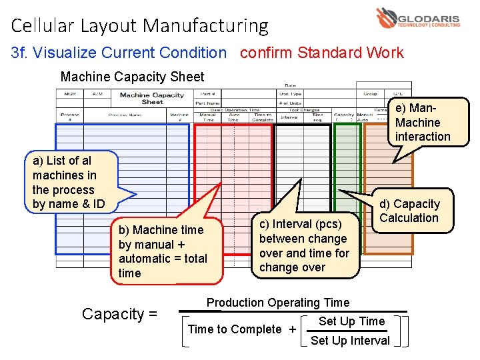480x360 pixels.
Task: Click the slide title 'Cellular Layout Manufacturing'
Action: (x=140, y=26)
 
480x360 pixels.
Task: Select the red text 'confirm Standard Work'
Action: (x=321, y=53)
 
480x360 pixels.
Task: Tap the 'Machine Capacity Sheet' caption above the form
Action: (x=132, y=77)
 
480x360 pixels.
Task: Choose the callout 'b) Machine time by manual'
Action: (x=163, y=251)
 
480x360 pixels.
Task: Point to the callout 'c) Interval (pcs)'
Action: (x=304, y=245)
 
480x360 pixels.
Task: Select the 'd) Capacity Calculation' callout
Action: (x=409, y=211)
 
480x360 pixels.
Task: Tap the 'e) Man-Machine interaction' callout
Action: (x=423, y=122)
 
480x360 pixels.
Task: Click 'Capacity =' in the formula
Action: (x=119, y=314)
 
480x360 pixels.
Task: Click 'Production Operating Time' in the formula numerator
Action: (x=278, y=303)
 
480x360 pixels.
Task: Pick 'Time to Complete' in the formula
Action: (x=235, y=329)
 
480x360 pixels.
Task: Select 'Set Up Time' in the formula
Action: (x=351, y=321)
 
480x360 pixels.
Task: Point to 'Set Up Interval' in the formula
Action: (x=350, y=341)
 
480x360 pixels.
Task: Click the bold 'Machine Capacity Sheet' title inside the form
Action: (x=152, y=99)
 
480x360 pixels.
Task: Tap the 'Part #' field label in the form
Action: (x=207, y=94)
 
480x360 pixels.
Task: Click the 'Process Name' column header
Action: (x=125, y=115)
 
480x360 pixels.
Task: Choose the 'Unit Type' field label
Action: (x=291, y=94)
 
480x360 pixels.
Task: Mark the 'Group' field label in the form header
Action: (x=370, y=94)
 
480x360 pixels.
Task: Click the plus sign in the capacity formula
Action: (x=292, y=329)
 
